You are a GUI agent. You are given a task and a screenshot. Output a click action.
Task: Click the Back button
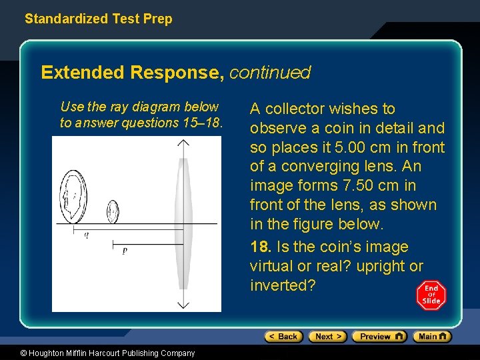pos(283,337)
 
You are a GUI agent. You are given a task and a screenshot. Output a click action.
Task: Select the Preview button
pos(379,337)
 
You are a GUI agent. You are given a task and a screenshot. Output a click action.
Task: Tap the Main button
pos(432,337)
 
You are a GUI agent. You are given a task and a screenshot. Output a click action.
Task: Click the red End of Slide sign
pos(431,295)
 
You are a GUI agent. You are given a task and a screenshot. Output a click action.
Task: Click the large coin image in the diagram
pos(73,197)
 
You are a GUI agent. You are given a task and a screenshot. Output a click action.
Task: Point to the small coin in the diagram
pos(113,211)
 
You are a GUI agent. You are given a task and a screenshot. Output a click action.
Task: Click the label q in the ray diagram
pos(86,235)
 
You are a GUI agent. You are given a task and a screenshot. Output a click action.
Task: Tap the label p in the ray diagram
pos(125,251)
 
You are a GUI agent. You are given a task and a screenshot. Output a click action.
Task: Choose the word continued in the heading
pos(269,72)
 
